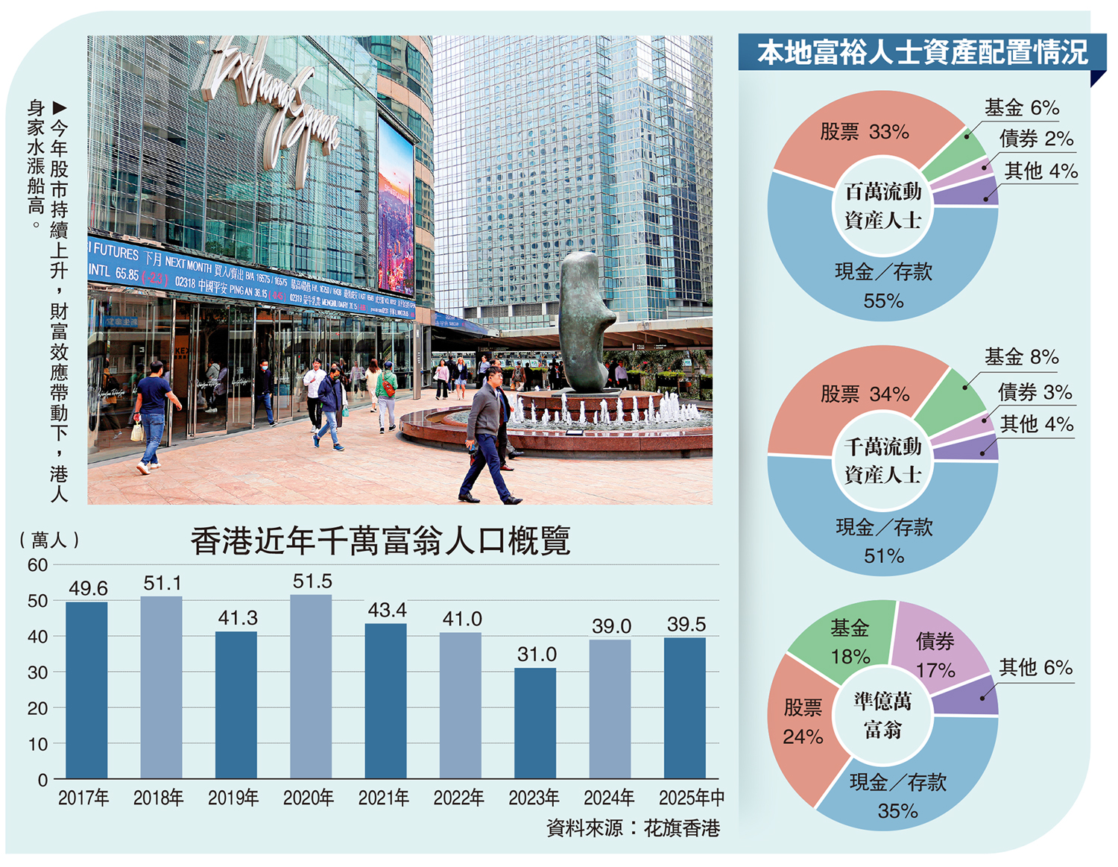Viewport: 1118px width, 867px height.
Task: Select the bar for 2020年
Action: [x=311, y=686]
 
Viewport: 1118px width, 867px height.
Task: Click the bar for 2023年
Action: [x=535, y=723]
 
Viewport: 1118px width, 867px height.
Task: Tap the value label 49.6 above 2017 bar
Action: [x=88, y=588]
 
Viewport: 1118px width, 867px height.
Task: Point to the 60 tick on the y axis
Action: [x=37, y=565]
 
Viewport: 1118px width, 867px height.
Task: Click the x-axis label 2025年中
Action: [x=691, y=798]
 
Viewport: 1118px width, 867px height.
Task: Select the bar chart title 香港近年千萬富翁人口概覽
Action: [x=380, y=540]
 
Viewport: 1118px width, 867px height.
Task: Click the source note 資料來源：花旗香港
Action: [x=633, y=828]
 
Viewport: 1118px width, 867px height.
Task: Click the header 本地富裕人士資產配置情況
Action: [x=922, y=53]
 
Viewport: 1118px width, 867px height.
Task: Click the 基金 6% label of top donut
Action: [x=1021, y=108]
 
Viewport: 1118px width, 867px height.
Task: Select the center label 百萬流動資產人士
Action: [x=883, y=206]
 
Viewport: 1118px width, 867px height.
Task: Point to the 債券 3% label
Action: [x=1035, y=392]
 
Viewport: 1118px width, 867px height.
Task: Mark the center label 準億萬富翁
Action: [x=883, y=716]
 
